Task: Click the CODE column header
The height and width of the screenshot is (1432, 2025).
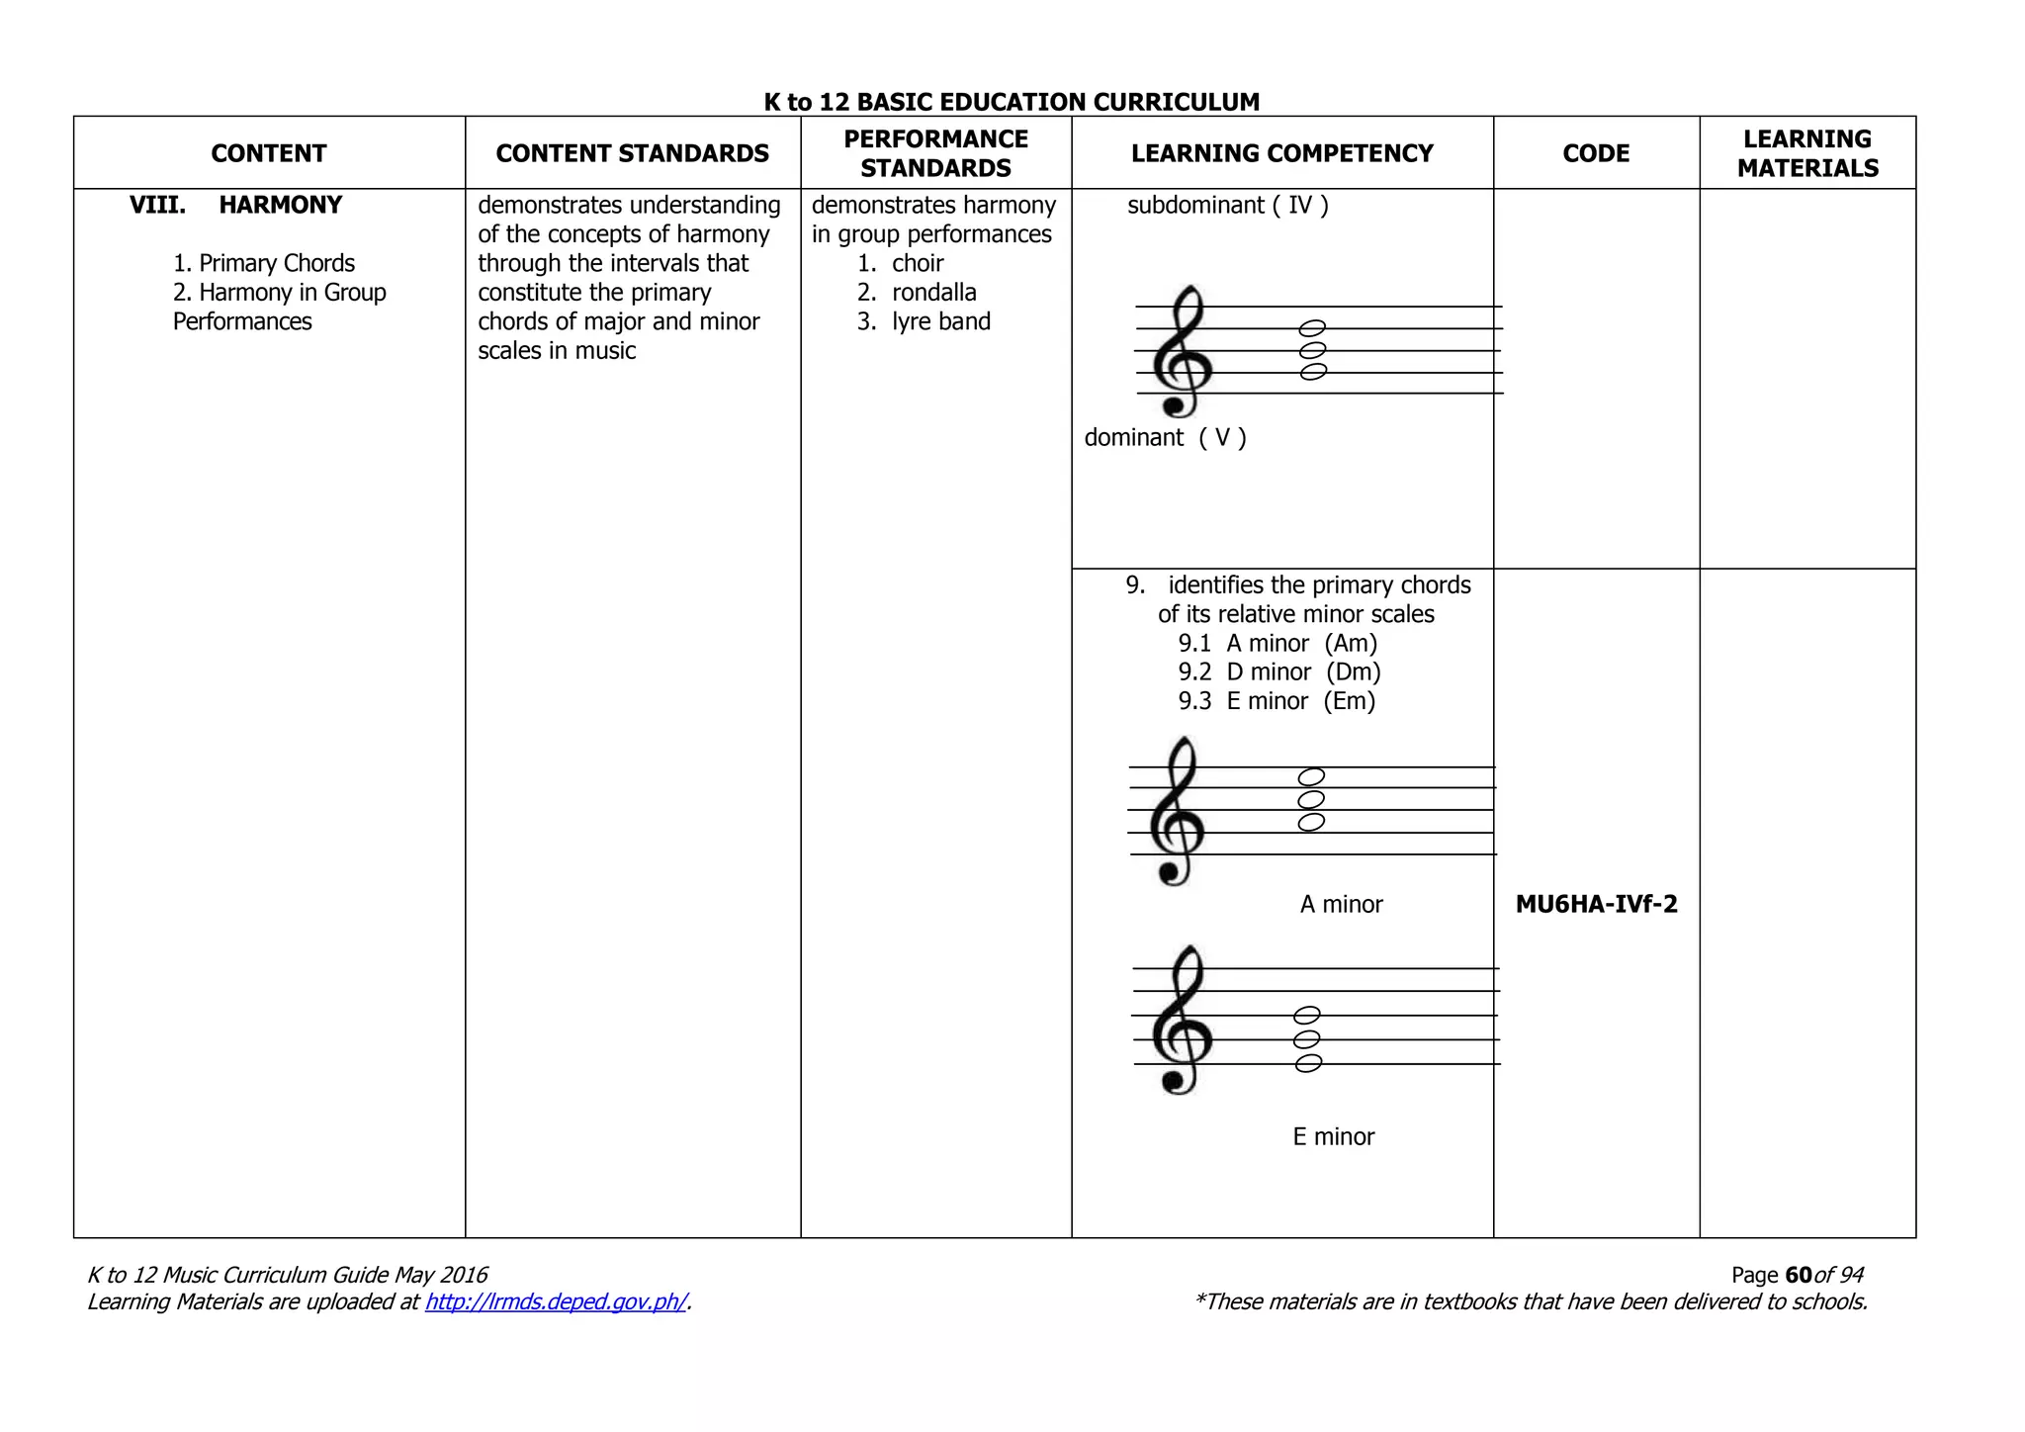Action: coord(1596,153)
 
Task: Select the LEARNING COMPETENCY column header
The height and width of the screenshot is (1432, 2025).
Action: coord(1281,153)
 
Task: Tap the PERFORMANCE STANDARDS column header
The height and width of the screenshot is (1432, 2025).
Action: coord(935,153)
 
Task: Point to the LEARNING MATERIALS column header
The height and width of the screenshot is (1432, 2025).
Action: coord(1807,153)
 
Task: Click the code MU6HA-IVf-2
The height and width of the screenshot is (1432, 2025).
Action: coord(1596,904)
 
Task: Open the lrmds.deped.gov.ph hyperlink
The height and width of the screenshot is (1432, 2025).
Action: coord(556,1301)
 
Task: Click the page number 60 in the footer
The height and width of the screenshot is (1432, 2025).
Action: coord(1799,1275)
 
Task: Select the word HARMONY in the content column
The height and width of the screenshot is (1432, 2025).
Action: coord(280,205)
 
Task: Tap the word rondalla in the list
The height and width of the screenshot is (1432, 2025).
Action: coord(933,292)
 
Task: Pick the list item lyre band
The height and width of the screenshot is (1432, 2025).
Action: coord(940,321)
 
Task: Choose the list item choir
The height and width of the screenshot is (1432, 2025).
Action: coord(917,263)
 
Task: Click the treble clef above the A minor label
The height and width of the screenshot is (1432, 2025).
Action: coord(1177,813)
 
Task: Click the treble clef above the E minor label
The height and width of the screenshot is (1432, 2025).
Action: coord(1182,1021)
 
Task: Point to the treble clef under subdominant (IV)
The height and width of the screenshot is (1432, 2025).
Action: coord(1181,352)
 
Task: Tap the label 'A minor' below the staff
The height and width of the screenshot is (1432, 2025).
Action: coord(1341,904)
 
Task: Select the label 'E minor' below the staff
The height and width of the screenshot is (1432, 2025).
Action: coord(1333,1136)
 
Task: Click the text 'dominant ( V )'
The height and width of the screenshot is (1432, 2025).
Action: coord(1165,437)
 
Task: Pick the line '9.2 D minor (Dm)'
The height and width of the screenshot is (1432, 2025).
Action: coord(1278,671)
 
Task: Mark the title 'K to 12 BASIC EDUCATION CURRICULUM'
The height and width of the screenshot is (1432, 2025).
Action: coord(1012,102)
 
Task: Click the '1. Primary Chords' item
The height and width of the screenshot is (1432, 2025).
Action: coord(264,263)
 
